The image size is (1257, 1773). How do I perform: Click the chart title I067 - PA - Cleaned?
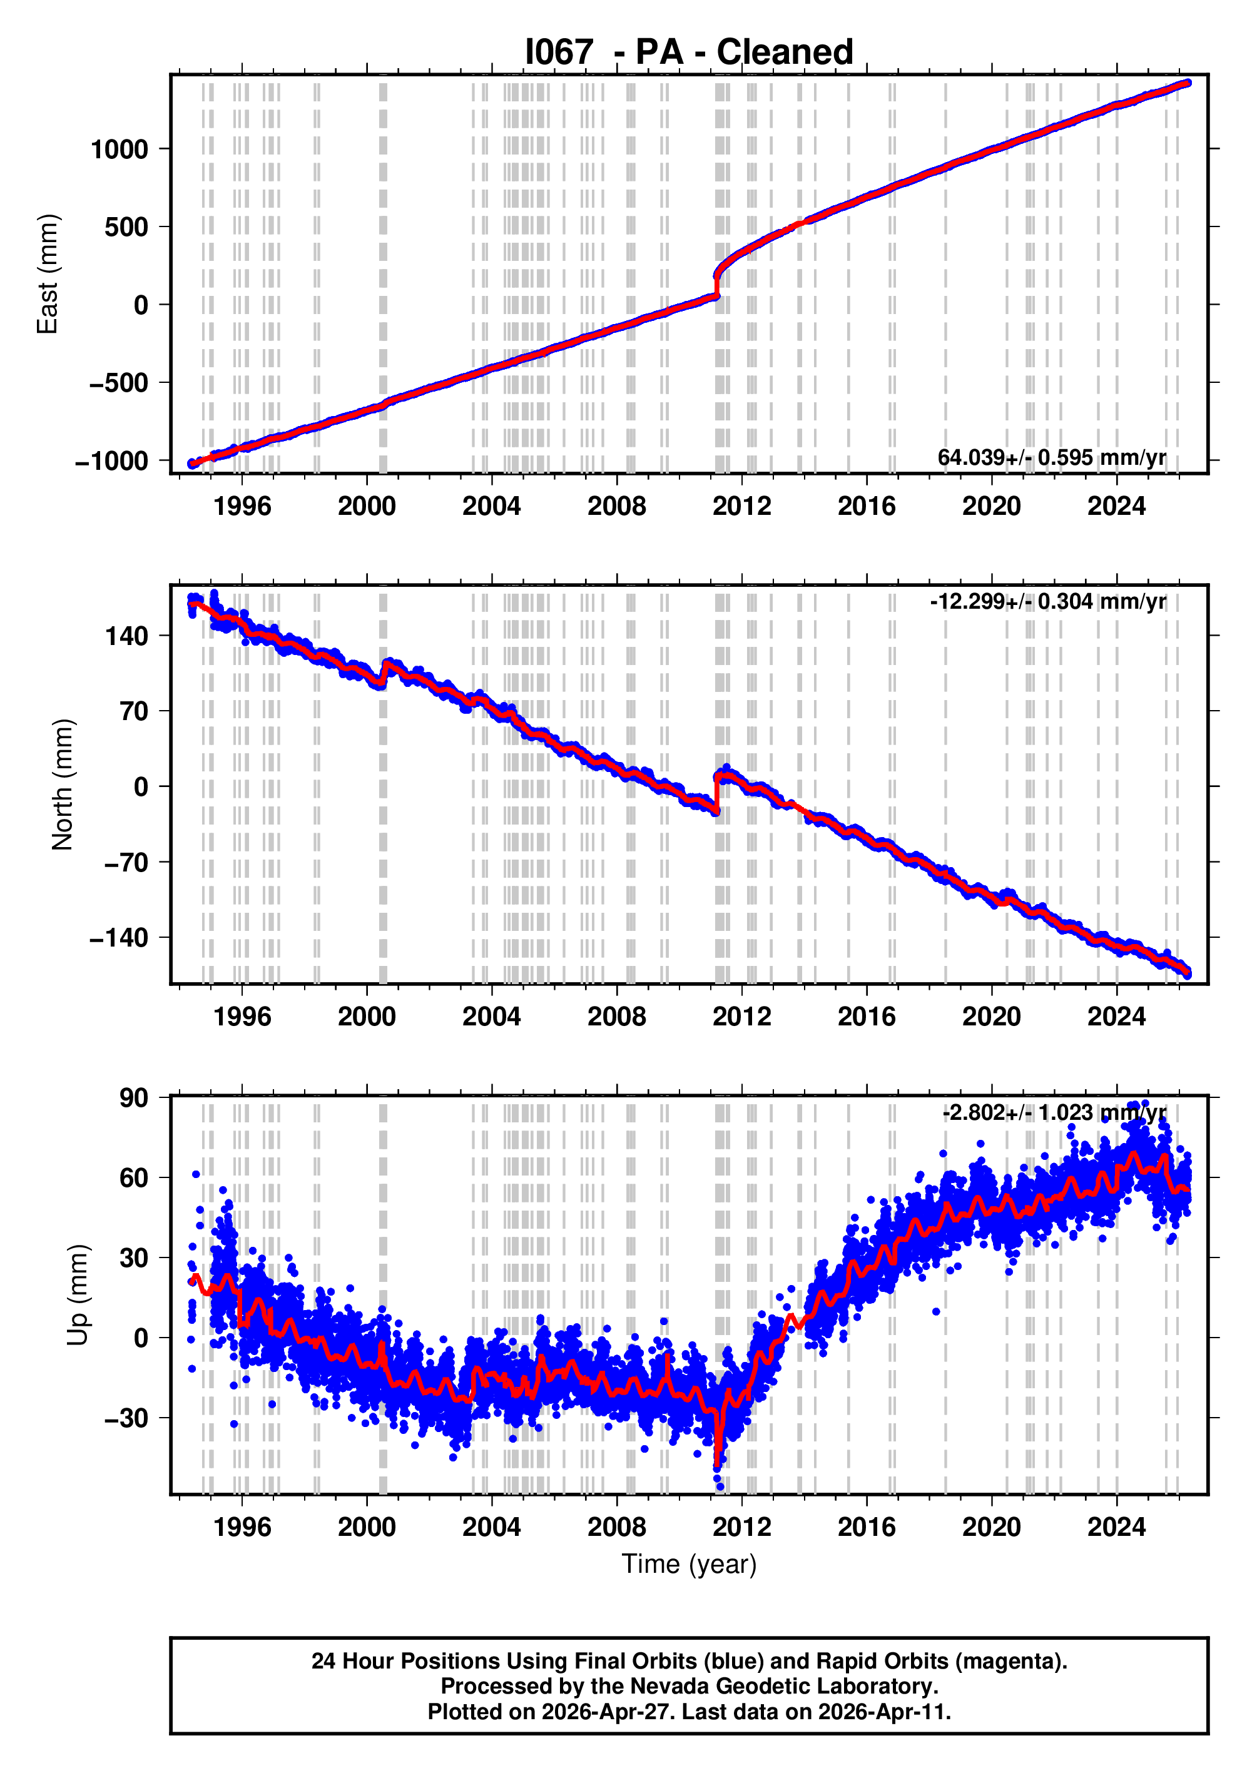pyautogui.click(x=688, y=53)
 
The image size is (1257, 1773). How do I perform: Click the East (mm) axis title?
pyautogui.click(x=48, y=274)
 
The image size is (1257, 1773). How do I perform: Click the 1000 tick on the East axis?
pyautogui.click(x=120, y=150)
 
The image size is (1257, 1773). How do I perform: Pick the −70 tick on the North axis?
pyautogui.click(x=126, y=862)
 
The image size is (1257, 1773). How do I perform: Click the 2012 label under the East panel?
pyautogui.click(x=741, y=506)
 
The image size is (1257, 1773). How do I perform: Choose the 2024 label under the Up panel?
pyautogui.click(x=1116, y=1527)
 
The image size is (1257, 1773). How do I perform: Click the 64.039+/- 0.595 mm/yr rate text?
pyautogui.click(x=1051, y=457)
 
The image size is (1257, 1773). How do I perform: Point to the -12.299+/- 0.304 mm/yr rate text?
pyautogui.click(x=1048, y=601)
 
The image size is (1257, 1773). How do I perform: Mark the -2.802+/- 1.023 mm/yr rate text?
pyautogui.click(x=1054, y=1113)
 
